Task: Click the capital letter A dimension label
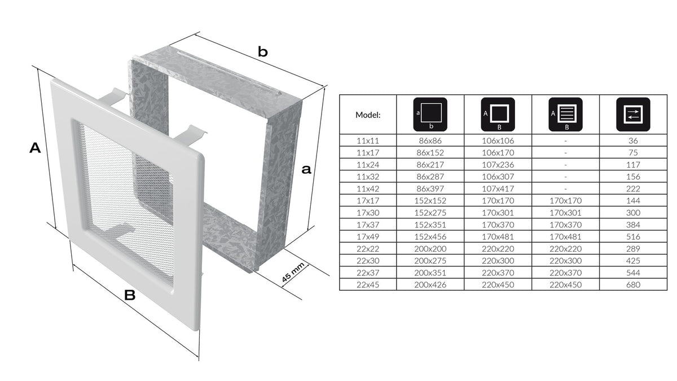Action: (x=35, y=148)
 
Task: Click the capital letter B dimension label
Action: (x=130, y=295)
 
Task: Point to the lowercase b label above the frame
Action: (x=263, y=52)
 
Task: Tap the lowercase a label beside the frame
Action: (x=306, y=170)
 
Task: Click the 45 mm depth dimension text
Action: (x=293, y=273)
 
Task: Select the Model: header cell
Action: (x=368, y=115)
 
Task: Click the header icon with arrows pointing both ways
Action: (x=633, y=114)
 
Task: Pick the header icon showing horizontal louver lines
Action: (x=565, y=114)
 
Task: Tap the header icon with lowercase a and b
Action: (x=430, y=114)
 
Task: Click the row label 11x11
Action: (x=368, y=141)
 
